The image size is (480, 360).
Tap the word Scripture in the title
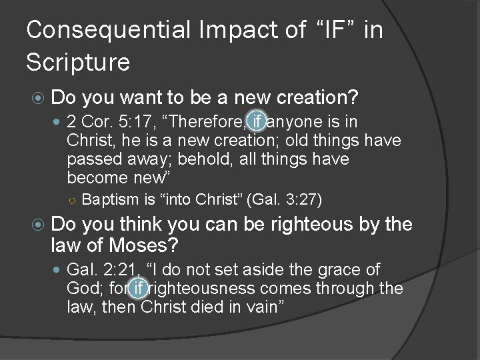coord(78,62)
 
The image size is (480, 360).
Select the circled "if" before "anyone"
coord(257,122)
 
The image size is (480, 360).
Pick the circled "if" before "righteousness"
coord(138,289)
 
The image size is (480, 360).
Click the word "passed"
coord(97,159)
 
